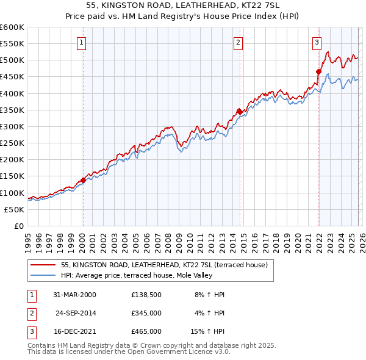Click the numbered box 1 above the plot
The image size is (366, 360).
82,42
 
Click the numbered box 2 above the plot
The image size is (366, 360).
237,42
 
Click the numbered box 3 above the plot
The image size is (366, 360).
317,42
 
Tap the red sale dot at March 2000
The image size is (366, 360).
83,180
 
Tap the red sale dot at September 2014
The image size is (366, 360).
240,111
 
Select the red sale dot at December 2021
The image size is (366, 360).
318,71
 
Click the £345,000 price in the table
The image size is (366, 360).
146,313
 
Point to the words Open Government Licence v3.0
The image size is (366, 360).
181,351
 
